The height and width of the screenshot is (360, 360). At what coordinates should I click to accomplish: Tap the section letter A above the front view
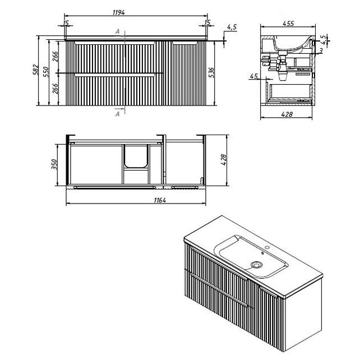click(117, 32)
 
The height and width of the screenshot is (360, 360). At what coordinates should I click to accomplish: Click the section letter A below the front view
click(117, 114)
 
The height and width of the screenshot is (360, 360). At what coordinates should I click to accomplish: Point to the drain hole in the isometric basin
click(257, 264)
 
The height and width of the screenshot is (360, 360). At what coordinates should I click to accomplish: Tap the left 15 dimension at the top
click(66, 22)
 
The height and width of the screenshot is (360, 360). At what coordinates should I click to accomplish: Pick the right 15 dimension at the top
click(207, 22)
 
